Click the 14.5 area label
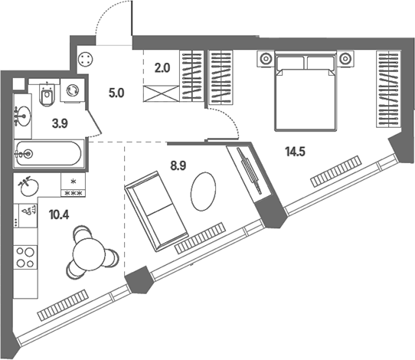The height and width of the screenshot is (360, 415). [295, 152]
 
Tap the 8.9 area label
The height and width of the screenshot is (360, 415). [178, 166]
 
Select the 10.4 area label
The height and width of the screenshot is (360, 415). [59, 214]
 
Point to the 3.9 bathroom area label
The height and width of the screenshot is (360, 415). [60, 123]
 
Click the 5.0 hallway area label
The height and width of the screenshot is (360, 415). [116, 93]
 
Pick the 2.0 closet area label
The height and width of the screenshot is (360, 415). [162, 68]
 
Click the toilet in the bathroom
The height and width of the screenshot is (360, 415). [47, 95]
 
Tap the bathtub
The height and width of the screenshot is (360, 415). [49, 154]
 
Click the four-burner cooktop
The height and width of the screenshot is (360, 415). [26, 257]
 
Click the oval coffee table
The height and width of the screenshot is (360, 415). [203, 191]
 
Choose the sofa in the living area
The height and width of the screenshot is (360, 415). [156, 211]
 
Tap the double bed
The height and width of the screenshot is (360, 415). [306, 91]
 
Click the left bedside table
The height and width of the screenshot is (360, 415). [266, 59]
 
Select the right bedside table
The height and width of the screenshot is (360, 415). [345, 59]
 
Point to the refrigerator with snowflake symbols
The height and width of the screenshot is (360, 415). [74, 185]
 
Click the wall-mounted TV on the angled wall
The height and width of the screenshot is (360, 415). [249, 172]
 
